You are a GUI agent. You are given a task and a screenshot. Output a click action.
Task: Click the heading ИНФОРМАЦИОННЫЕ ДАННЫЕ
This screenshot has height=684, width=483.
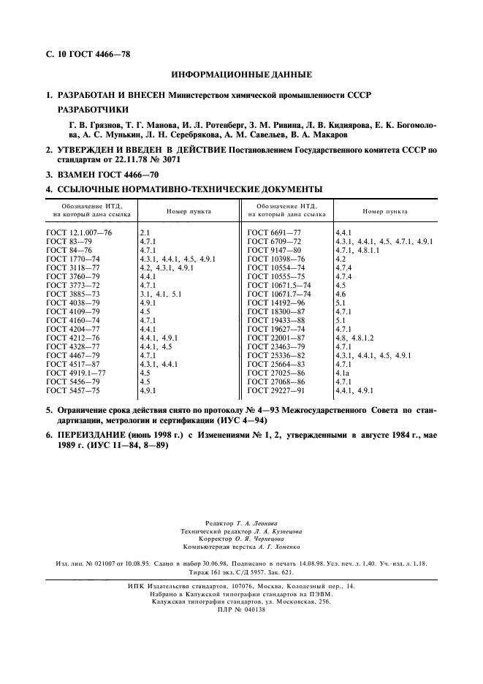coord(241,75)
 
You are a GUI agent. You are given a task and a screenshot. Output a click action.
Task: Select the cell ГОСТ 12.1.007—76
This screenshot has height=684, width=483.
coord(80,232)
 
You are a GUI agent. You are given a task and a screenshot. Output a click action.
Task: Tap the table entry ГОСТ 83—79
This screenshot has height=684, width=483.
coord(68,240)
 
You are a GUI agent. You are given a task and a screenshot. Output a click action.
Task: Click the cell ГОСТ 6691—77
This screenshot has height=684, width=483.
coord(273,232)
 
